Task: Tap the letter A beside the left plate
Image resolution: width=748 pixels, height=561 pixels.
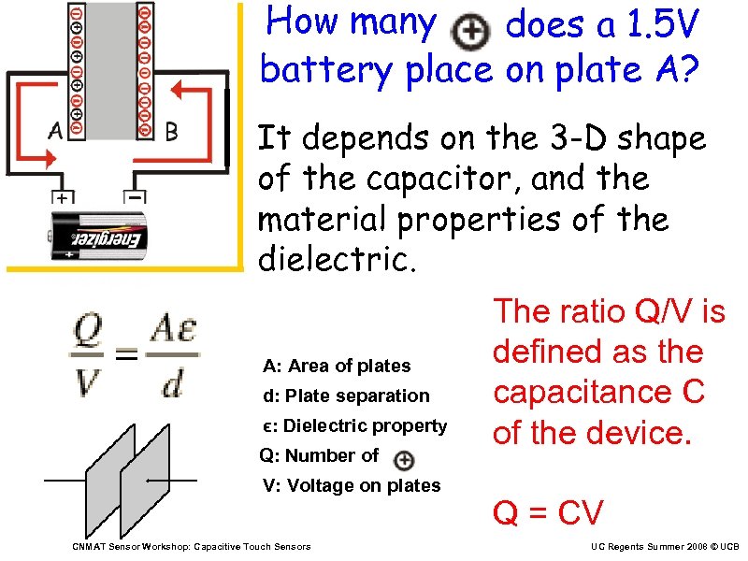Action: point(54,132)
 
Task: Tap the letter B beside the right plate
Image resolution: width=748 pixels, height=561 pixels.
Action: point(170,132)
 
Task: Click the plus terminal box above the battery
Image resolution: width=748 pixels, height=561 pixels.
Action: point(63,199)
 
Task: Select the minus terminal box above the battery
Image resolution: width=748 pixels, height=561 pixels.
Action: point(137,199)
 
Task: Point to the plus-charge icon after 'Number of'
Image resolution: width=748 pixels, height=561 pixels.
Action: point(403,459)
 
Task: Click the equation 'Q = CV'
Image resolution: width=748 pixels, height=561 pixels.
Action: point(548,512)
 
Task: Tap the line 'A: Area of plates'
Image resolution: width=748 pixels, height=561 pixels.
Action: point(337,366)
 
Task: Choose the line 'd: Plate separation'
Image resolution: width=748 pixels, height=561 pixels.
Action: point(346,396)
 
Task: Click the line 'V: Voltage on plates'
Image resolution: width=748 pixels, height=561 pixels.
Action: point(351,485)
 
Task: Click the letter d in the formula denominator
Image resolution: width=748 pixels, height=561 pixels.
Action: point(171,383)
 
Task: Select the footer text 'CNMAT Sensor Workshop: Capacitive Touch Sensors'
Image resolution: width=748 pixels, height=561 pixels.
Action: point(192,546)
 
